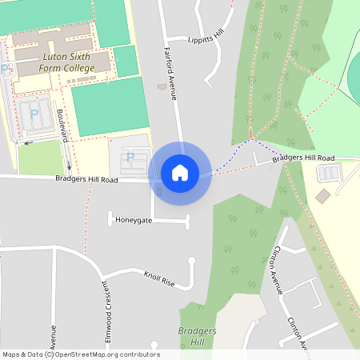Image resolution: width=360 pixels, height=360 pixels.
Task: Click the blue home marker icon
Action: (x=180, y=173)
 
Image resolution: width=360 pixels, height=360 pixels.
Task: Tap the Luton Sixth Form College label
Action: (x=63, y=63)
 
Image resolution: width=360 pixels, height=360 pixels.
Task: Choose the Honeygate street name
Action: (x=134, y=219)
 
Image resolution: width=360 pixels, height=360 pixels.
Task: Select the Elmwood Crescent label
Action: (x=104, y=316)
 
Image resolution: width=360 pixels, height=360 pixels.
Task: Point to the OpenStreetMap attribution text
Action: (x=81, y=354)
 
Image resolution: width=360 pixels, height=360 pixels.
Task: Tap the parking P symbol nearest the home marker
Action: (x=130, y=157)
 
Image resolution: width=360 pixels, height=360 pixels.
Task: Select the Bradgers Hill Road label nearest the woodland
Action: (x=302, y=158)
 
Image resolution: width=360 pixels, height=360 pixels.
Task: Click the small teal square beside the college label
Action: (x=126, y=61)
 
